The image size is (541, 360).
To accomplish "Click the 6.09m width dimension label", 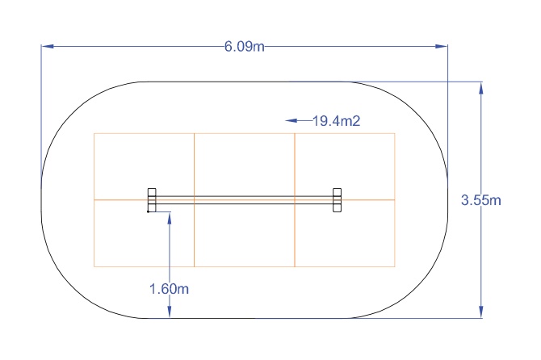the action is click(x=245, y=46).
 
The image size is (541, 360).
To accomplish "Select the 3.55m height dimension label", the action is click(x=481, y=200).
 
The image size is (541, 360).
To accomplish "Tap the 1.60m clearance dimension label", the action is click(x=169, y=289).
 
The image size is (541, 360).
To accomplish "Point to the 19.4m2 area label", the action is click(x=337, y=121).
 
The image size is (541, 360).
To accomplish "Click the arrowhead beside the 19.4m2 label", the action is click(x=291, y=120).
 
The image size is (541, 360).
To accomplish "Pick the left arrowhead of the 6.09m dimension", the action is click(x=48, y=46).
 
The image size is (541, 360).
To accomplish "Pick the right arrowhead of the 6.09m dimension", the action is click(x=442, y=46).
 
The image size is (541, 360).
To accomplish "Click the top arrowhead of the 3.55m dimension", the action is click(x=481, y=88).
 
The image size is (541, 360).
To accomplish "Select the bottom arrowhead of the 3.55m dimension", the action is click(x=481, y=312).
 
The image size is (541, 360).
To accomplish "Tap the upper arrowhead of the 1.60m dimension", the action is click(x=170, y=218).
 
